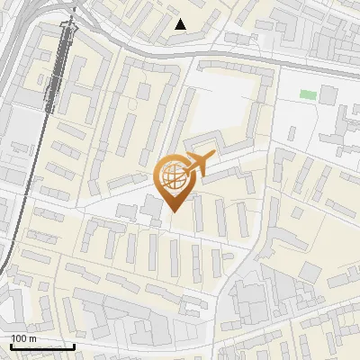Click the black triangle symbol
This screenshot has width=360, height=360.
coord(181,24)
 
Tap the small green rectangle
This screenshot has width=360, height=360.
coord(309,94)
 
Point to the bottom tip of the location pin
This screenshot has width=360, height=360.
coord(174,212)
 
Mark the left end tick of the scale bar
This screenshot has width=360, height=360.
coord(11,346)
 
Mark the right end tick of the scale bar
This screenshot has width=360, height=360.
coord(74,346)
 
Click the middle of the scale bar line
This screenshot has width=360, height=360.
coord(42,347)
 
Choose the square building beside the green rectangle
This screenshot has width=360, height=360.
coord(328,94)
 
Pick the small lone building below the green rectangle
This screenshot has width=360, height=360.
coord(293,133)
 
